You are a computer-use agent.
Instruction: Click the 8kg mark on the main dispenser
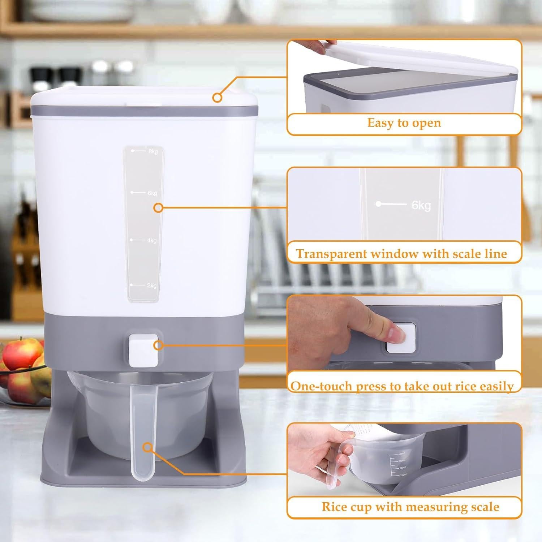click(x=153, y=151)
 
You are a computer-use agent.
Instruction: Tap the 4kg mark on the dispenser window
click(x=152, y=241)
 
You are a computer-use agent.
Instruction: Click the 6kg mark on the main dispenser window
click(x=152, y=193)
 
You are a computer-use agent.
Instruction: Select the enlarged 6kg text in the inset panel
click(x=421, y=205)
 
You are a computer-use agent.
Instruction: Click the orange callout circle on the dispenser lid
click(x=217, y=97)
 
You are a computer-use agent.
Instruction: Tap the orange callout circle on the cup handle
click(x=147, y=447)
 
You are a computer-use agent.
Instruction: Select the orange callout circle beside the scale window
click(x=158, y=208)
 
